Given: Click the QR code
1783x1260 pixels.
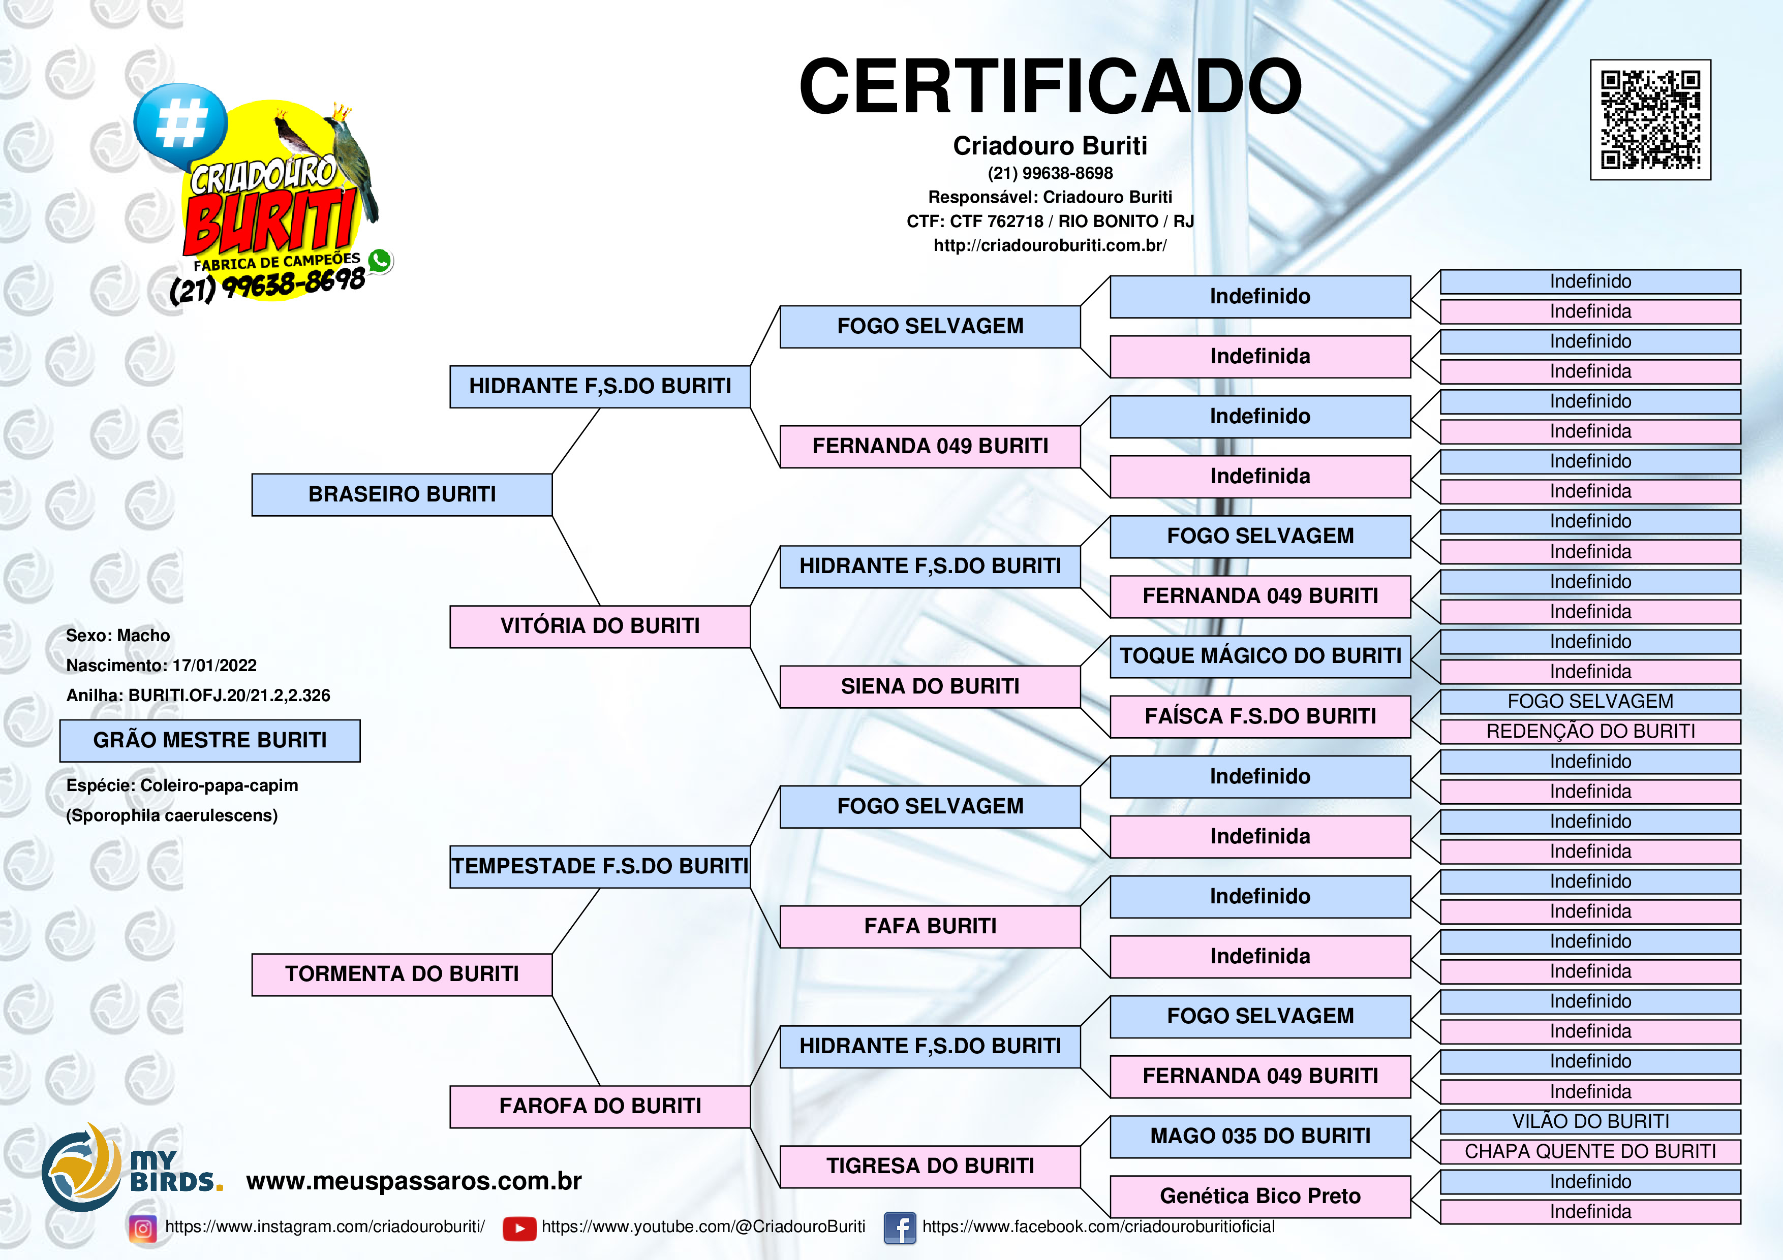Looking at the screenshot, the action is [x=1650, y=119].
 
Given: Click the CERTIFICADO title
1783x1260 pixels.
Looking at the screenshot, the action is [x=1050, y=86].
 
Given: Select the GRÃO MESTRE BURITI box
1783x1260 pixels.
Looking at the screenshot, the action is [x=210, y=741].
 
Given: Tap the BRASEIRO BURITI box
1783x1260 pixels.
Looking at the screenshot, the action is [x=402, y=494].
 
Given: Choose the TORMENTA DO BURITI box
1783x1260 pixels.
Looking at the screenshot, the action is [x=402, y=974].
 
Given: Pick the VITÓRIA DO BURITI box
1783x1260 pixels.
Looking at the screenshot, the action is [x=600, y=626].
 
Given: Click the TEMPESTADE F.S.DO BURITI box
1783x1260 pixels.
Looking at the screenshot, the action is [x=600, y=866].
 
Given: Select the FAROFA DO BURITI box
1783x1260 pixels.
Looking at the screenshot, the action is [x=600, y=1106].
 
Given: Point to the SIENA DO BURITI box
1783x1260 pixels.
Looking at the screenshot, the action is [x=930, y=686].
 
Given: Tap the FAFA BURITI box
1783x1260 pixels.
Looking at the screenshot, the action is [x=930, y=926].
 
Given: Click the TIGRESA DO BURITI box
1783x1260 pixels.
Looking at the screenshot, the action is [x=930, y=1166].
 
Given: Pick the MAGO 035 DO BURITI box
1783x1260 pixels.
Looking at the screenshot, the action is [x=1261, y=1137].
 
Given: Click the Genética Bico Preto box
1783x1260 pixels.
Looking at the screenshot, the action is [x=1261, y=1196].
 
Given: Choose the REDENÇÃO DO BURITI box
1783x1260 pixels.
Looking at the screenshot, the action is [x=1590, y=731].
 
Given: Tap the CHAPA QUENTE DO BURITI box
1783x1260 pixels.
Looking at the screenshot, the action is [x=1590, y=1151].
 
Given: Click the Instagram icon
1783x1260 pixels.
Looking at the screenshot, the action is [x=143, y=1228].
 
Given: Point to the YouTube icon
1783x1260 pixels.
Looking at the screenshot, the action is [x=519, y=1228].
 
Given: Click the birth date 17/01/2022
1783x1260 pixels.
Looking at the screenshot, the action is [x=214, y=666].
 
